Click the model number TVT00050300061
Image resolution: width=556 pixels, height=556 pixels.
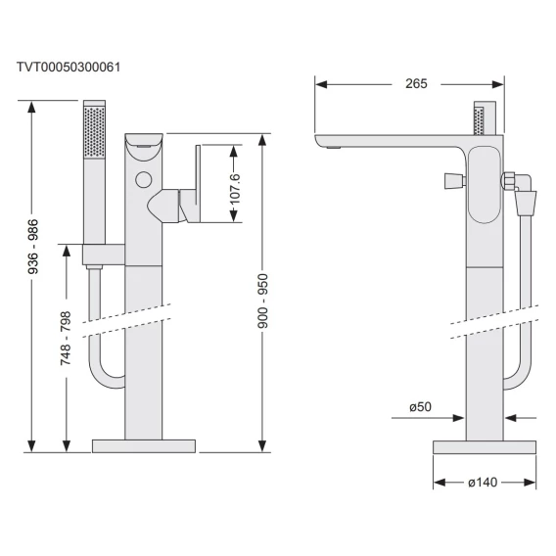(x=69, y=67)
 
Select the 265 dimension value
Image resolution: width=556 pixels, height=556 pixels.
(x=416, y=83)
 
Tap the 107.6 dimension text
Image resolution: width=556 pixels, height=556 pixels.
(x=235, y=189)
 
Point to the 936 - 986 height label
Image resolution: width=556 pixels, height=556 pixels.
(x=33, y=247)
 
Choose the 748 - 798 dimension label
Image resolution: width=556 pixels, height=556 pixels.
(x=66, y=338)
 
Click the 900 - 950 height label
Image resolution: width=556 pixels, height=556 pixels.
(x=262, y=301)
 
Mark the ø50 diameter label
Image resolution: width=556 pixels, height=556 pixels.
(x=420, y=406)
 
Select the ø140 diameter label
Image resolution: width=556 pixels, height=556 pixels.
(x=483, y=483)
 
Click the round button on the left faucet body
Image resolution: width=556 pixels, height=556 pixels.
(x=144, y=180)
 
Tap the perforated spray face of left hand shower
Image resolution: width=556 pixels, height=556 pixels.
(x=94, y=131)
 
